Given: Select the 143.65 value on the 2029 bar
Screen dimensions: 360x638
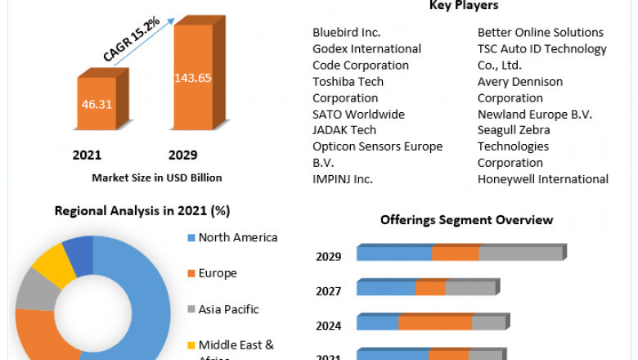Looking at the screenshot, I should click(193, 79).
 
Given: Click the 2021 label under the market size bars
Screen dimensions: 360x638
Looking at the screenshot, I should click(87, 155).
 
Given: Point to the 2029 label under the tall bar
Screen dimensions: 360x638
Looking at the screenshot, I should click(182, 155).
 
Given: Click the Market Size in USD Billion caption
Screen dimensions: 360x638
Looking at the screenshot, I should click(157, 177).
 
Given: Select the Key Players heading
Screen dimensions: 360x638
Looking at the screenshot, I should click(464, 6).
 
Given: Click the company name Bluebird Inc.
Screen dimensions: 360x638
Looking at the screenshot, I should click(347, 33).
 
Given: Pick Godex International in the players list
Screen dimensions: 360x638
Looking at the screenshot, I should click(366, 49).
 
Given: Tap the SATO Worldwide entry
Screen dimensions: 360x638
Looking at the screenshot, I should click(358, 114).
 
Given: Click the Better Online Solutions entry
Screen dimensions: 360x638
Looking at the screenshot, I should click(541, 33).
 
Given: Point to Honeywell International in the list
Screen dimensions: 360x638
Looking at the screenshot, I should click(543, 178).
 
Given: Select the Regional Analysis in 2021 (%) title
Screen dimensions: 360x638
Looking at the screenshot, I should click(142, 210).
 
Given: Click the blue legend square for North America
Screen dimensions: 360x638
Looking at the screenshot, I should click(191, 238).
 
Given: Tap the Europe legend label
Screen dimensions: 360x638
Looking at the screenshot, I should click(217, 273).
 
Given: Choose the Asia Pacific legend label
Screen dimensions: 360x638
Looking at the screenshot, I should click(228, 309).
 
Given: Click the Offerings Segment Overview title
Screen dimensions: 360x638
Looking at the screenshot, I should click(466, 220).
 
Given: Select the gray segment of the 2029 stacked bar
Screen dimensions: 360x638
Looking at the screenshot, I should click(521, 254).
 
